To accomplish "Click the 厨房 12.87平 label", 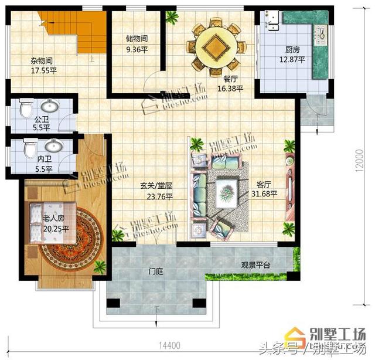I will pyautogui.click(x=291, y=55).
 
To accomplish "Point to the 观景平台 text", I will pyautogui.click(x=256, y=266).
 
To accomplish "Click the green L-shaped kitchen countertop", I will pyautogui.click(x=319, y=47).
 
